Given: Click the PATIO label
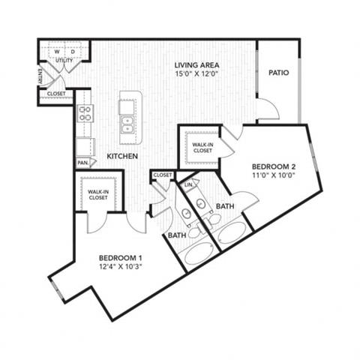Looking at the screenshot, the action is point(278,73).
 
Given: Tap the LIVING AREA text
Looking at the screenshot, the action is point(196,65).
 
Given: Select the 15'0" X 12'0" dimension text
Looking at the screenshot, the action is point(196,74).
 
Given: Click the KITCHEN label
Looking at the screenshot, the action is point(122,156).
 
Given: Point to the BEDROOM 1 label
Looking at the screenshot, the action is point(121,258).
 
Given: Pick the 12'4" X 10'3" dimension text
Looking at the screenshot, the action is point(121,267).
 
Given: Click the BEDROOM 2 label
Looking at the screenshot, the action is point(274,166).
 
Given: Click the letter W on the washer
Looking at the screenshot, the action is point(57,52).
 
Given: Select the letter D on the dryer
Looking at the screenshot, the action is point(73,52).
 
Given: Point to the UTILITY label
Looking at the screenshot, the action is point(64,60).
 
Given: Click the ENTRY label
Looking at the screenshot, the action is point(40,76).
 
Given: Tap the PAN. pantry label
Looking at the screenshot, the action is point(83,163).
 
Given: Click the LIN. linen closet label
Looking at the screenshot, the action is point(188,185).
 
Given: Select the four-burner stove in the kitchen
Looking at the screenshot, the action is point(85,113).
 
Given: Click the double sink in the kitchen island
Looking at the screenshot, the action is point(127,125).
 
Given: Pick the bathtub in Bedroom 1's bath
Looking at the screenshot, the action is point(199,253).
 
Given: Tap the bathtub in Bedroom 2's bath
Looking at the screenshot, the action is point(232,232).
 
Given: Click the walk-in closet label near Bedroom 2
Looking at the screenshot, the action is point(202,148).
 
